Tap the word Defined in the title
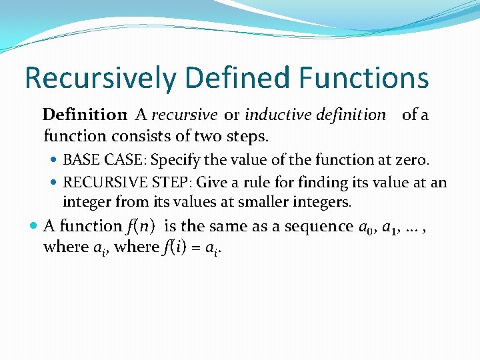[x=227, y=77]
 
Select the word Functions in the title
[x=364, y=77]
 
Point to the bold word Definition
[x=85, y=115]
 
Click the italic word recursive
[x=184, y=115]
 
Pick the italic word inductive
[x=274, y=115]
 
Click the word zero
[x=414, y=160]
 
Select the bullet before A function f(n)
[x=34, y=227]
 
